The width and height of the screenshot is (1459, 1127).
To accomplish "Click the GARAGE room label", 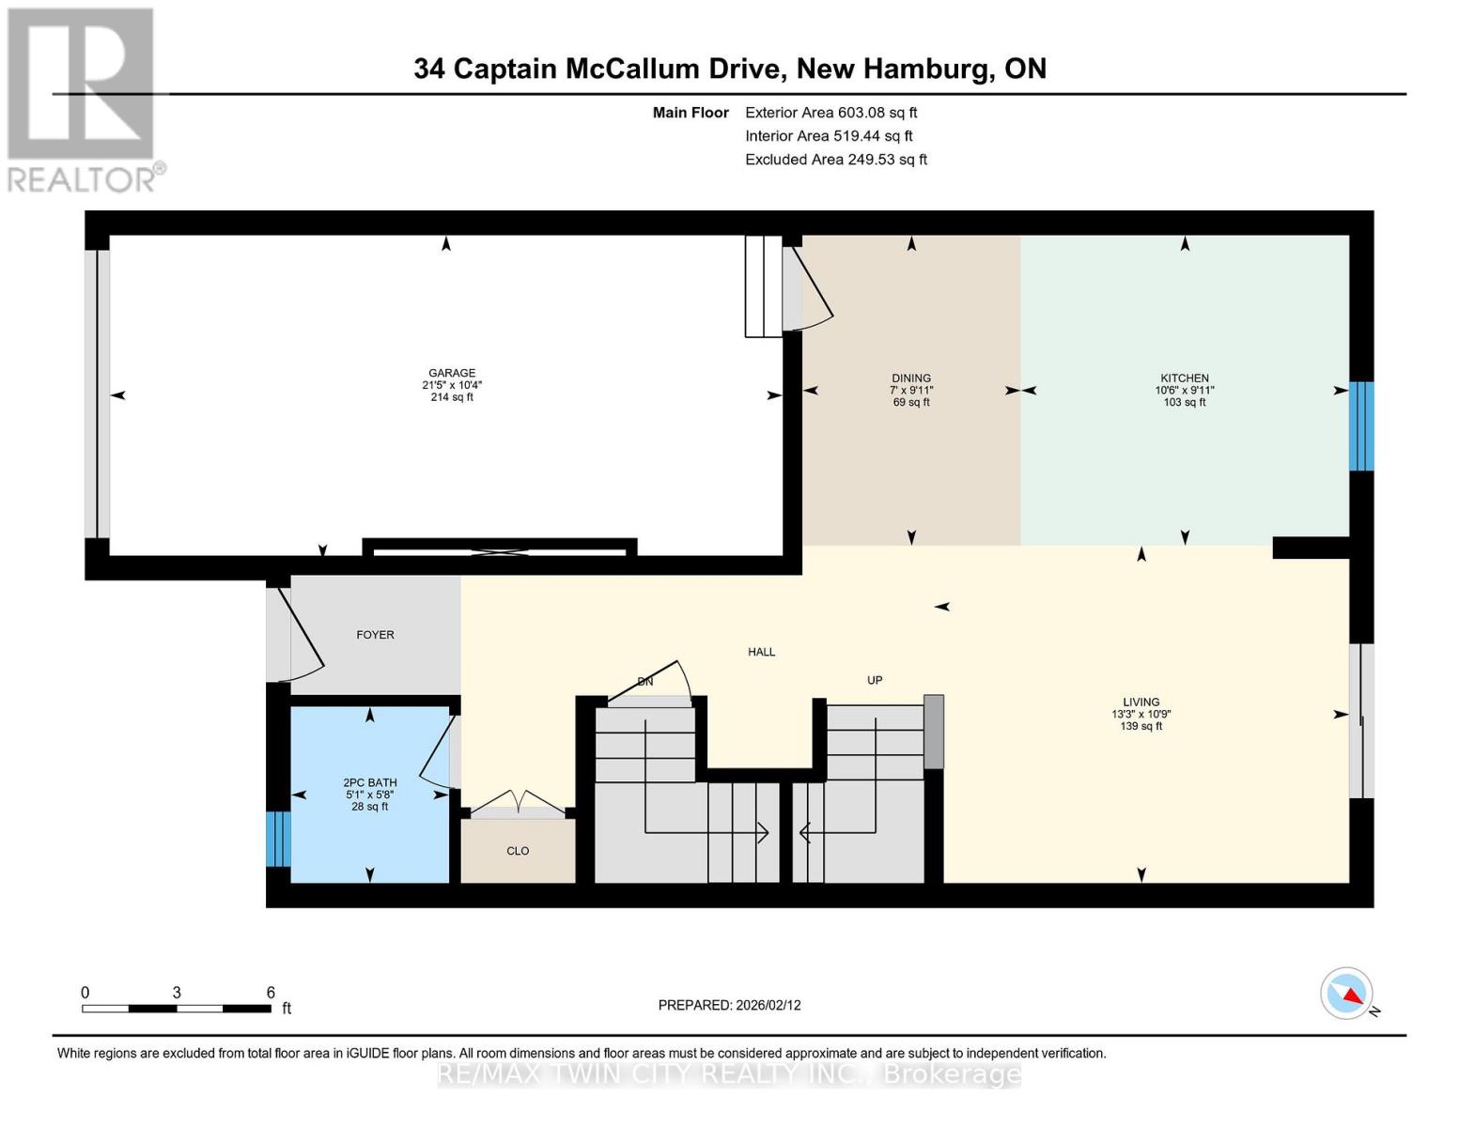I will point(452,373).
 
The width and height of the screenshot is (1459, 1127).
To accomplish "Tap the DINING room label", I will point(910,378).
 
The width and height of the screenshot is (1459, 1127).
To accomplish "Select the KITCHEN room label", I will point(1184,378).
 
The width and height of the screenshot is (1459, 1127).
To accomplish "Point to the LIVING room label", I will point(1141,702).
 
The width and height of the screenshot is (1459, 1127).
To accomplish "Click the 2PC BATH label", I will point(369,782).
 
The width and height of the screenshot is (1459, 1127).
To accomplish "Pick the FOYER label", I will point(375,635).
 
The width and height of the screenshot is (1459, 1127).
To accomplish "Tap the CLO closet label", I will point(518,851).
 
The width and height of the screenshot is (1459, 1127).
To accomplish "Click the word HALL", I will point(761,652).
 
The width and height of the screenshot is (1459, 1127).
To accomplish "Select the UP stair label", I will point(875,680).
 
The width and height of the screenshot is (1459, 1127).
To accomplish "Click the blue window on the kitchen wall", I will point(1360,425).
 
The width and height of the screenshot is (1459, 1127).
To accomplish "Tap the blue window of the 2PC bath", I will point(278,839).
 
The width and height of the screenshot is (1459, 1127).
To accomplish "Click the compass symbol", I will point(1347,994).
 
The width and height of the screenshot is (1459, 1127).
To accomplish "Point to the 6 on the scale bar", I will point(271,993).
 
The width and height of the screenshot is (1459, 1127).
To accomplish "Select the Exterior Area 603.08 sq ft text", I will point(830,113).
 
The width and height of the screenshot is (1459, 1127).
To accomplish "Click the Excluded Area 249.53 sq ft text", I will point(835,160).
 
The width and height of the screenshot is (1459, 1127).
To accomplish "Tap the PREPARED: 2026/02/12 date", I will point(729,1005).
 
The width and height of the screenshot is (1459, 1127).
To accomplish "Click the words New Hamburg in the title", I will point(892,69).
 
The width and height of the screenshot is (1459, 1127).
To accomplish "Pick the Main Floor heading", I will point(691,113).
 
